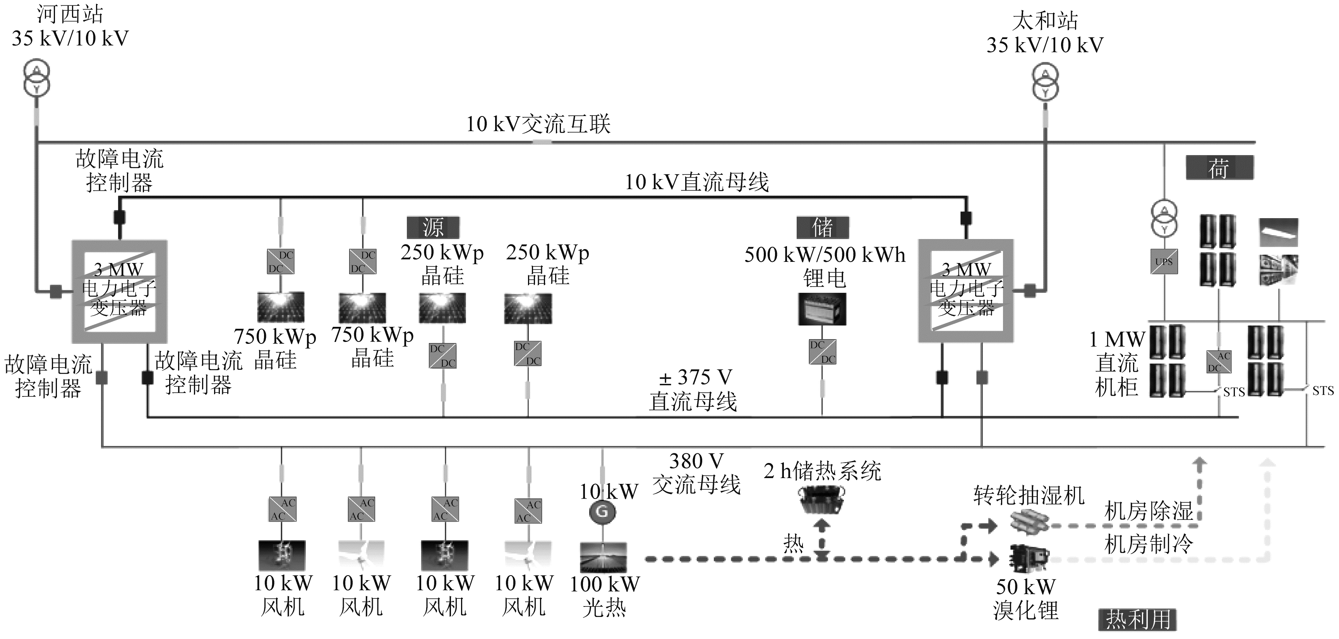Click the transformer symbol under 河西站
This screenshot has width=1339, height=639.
36,78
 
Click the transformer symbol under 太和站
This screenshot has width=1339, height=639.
1045,82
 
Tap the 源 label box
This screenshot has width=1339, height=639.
433,227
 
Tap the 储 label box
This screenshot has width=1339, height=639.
823,227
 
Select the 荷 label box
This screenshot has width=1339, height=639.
1219,168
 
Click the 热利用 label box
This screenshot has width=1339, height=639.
1138,619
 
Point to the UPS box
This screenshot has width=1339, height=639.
1164,262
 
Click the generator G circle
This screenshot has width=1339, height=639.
602,512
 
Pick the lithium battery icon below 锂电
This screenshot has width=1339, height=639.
822,309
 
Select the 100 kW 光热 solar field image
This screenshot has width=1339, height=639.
603,557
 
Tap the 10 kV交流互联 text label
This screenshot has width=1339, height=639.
538,124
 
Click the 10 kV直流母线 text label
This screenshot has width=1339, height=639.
696,182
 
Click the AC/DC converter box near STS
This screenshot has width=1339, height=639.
1219,362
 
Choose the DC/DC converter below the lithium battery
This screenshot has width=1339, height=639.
822,352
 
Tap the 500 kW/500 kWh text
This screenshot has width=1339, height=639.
825,255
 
